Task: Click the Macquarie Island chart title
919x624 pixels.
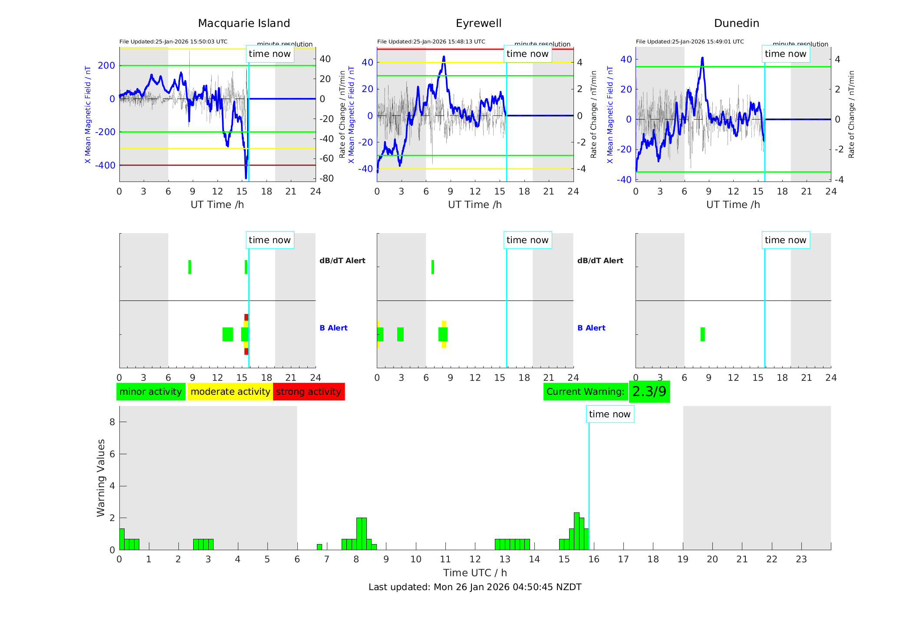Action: coord(244,23)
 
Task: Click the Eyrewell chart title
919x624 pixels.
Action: coord(478,23)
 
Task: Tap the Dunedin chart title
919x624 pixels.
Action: coord(736,23)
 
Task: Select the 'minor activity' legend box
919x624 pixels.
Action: coord(151,392)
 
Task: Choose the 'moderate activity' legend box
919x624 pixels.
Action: coord(230,392)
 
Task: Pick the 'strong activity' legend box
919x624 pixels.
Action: coord(309,392)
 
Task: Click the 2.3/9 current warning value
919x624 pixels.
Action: coord(649,392)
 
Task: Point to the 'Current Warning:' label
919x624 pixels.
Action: coord(585,392)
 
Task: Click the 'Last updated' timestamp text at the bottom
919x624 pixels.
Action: coord(475,587)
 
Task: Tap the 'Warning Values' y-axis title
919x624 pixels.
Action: coord(101,478)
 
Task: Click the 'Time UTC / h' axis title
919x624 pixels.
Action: coord(475,573)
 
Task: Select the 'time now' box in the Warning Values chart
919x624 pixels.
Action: coord(609,414)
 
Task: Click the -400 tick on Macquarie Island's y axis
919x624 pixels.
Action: coord(106,165)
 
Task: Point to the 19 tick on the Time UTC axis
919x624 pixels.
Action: coord(683,559)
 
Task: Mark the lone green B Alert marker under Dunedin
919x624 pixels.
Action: coord(702,334)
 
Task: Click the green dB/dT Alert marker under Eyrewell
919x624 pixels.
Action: coord(433,267)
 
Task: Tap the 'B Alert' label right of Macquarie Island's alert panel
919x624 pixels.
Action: coord(333,328)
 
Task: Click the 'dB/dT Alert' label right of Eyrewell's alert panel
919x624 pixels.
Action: coord(600,261)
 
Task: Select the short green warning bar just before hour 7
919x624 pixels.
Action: coord(320,547)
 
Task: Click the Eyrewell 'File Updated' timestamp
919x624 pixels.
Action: coord(431,42)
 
